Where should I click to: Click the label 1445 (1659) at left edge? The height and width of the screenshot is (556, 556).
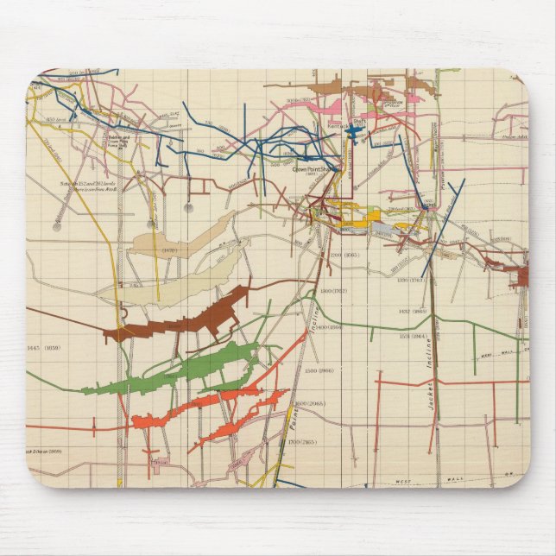coord(45,346)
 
